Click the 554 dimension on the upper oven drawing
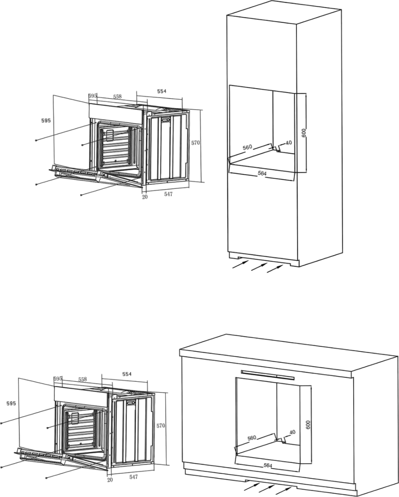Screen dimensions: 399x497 point(162,91)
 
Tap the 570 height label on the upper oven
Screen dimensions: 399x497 point(196,143)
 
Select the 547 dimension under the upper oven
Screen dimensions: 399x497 point(168,194)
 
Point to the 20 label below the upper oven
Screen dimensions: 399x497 point(145,197)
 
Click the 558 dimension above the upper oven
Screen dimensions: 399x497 point(118,97)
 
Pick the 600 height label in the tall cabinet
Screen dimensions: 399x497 point(304,133)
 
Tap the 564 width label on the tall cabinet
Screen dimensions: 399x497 point(262,174)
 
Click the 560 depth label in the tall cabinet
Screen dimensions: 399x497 point(247,147)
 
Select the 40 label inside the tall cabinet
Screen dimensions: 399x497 point(288,143)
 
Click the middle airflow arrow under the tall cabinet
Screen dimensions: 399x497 point(259,267)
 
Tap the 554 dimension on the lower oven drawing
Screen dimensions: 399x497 point(127,374)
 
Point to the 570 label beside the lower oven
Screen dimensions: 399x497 point(161,426)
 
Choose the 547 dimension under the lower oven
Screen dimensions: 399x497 point(134,477)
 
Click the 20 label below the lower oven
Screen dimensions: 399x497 point(110,480)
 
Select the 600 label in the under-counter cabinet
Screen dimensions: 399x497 point(308,424)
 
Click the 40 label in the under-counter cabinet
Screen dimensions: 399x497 point(292,432)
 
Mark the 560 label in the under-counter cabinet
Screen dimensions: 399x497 point(251,438)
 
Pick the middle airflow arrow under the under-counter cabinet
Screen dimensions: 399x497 point(267,489)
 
